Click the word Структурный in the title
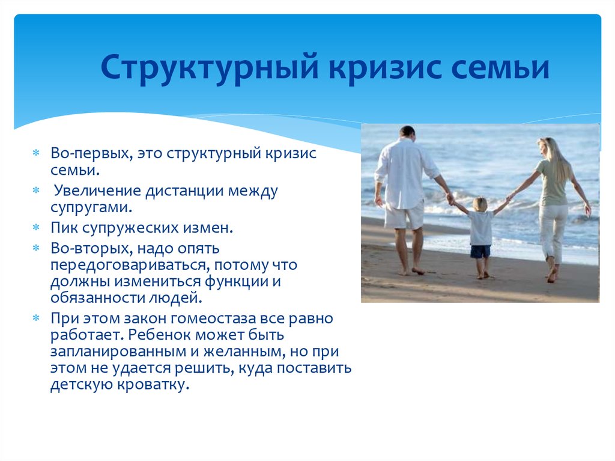click(x=210, y=67)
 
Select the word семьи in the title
click(x=500, y=67)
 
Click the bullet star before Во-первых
click(x=36, y=153)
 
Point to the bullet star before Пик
click(x=36, y=227)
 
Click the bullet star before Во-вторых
click(x=36, y=248)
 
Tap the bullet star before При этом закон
click(x=36, y=318)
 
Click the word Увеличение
click(x=97, y=191)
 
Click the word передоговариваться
click(x=130, y=266)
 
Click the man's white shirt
click(x=404, y=172)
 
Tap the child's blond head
click(x=480, y=204)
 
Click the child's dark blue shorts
click(x=481, y=252)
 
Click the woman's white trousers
click(x=553, y=231)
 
